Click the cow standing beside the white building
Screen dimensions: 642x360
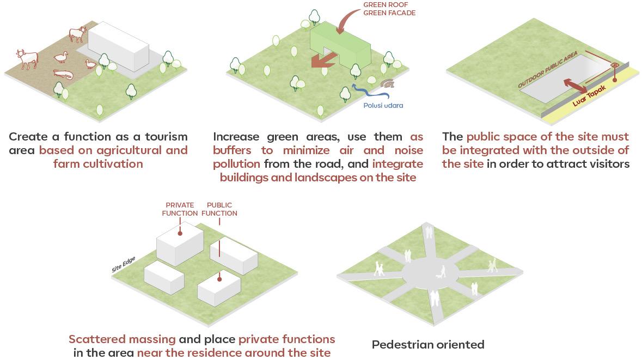click(x=78, y=35)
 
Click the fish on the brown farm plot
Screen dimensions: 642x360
click(x=63, y=75)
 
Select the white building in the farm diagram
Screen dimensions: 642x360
click(x=118, y=49)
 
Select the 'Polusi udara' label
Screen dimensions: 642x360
click(x=383, y=105)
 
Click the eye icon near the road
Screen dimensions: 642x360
click(x=615, y=66)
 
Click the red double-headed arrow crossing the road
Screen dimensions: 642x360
click(x=576, y=86)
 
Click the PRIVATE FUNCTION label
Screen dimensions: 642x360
click(x=180, y=209)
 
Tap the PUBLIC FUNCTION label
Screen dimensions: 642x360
click(x=219, y=209)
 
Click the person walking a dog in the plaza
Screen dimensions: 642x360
click(x=442, y=272)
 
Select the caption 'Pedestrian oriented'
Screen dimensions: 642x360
click(x=428, y=344)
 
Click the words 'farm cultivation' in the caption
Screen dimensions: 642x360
click(x=98, y=164)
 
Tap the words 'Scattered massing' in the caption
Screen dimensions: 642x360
click(x=122, y=339)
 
